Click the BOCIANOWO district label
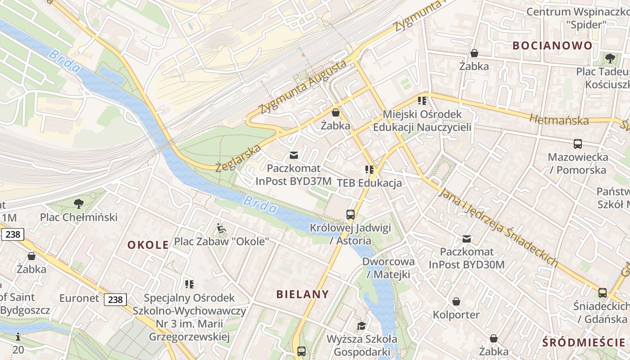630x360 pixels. tap(552, 45)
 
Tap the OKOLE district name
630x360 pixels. tap(148, 245)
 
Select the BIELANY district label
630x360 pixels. tap(302, 294)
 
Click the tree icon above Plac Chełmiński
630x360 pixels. tap(79, 204)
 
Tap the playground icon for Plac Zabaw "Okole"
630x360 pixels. tap(221, 229)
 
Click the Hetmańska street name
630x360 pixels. tap(559, 120)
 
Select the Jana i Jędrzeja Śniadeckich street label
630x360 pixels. tap(498, 227)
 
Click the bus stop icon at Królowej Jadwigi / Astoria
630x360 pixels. tap(351, 215)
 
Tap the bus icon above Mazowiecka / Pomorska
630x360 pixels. tap(578, 144)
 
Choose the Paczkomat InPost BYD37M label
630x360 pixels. tap(293, 175)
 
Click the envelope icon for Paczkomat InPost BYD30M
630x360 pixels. tap(467, 238)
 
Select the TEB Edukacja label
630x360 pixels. tap(369, 183)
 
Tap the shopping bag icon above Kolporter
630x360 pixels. tap(456, 301)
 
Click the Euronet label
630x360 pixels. tap(79, 298)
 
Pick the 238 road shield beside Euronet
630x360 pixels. tap(116, 299)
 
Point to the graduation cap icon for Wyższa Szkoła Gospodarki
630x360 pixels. tap(361, 326)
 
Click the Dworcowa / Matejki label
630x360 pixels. tap(388, 268)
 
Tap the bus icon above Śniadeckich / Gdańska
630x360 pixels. tap(603, 293)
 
